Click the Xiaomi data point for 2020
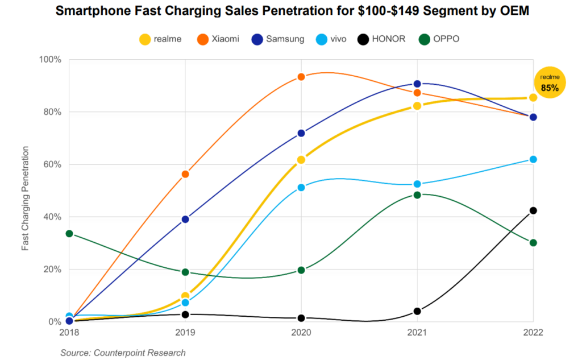click(x=301, y=77)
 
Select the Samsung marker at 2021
click(x=417, y=84)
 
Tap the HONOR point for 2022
click(x=533, y=210)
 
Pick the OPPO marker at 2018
click(x=69, y=234)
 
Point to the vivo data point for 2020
click(x=301, y=188)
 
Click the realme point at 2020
click(x=301, y=160)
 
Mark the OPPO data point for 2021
click(x=417, y=195)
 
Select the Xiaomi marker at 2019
click(x=185, y=174)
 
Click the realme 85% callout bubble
click(x=550, y=84)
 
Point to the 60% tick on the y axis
click(x=51, y=164)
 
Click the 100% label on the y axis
click(x=49, y=60)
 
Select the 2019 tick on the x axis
click(x=185, y=333)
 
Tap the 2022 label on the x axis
click(x=533, y=333)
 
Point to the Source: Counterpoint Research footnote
click(x=123, y=353)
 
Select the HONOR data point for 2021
click(x=417, y=311)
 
